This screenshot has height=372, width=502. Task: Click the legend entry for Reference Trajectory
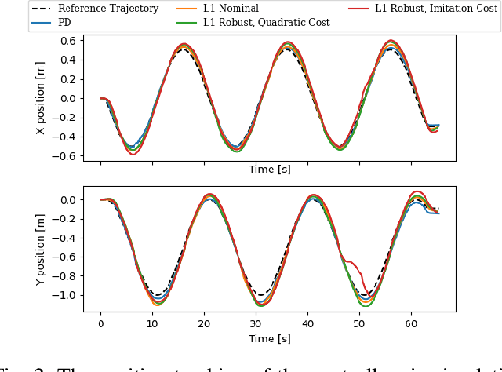pos(107,9)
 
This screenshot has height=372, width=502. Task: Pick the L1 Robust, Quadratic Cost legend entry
pos(266,23)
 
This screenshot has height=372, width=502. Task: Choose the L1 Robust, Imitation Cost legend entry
pos(435,9)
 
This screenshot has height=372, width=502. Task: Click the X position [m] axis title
pos(42,99)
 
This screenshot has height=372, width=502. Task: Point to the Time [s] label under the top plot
pos(269,169)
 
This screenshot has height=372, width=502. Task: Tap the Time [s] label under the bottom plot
pos(269,338)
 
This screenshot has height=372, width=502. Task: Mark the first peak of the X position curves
pos(184,46)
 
